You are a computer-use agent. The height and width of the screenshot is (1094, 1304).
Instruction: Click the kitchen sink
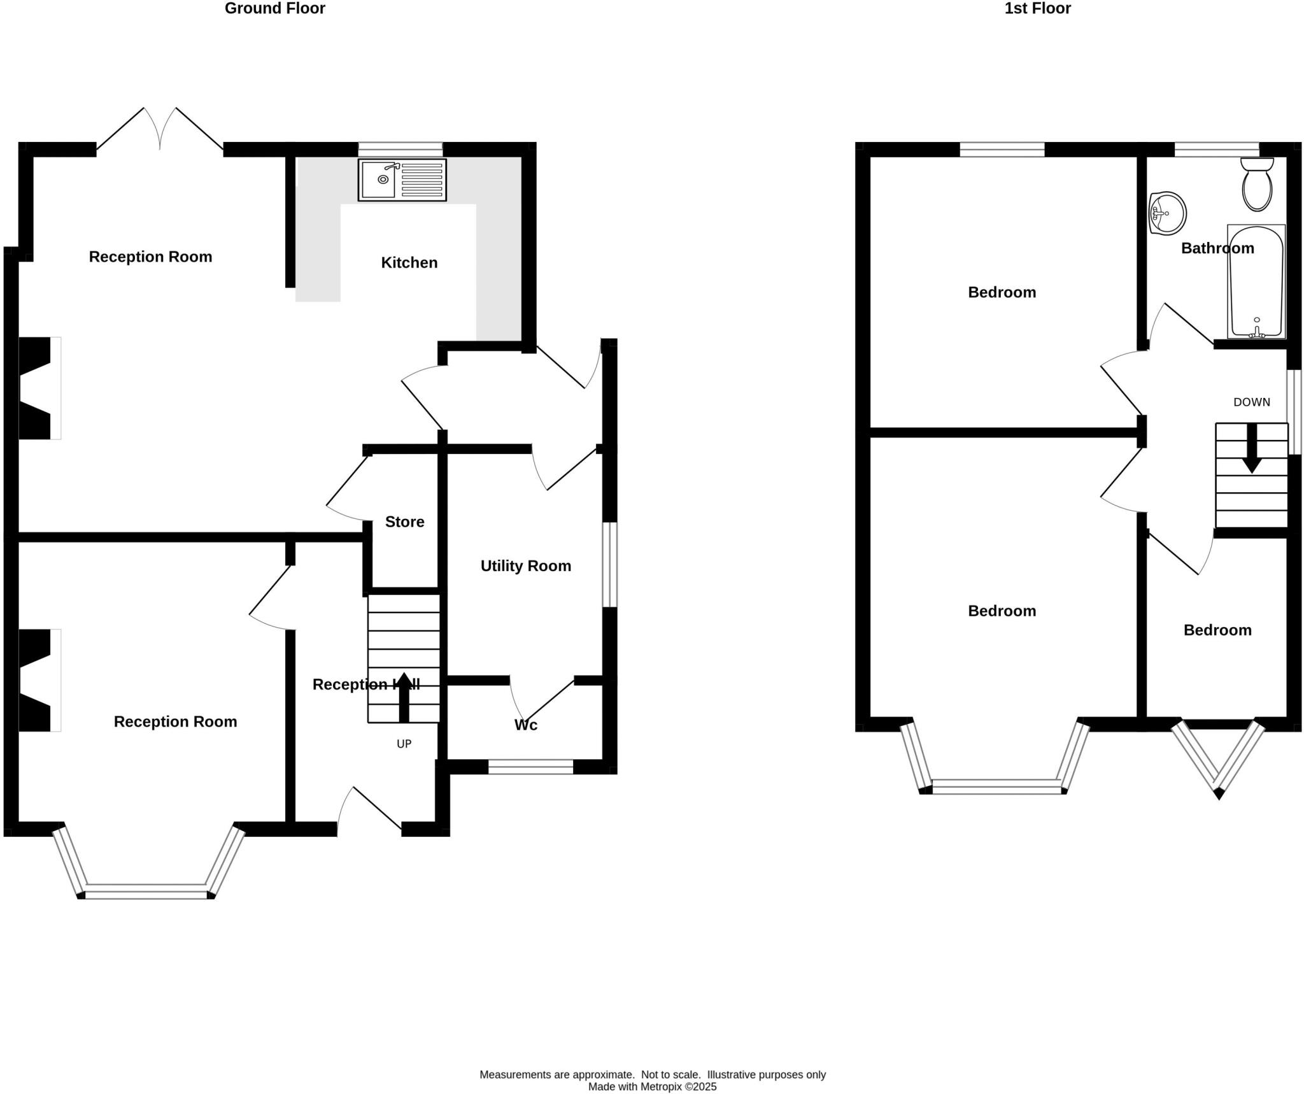pos(402,180)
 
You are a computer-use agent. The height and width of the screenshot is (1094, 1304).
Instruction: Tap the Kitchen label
pos(409,262)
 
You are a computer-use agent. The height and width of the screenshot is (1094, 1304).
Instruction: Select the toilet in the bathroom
pos(1257,185)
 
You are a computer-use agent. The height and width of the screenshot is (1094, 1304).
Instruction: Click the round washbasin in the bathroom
pos(1168,213)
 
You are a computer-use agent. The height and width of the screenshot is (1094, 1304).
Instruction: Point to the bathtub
pos(1256,281)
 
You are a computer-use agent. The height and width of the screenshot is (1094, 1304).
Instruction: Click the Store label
pos(404,522)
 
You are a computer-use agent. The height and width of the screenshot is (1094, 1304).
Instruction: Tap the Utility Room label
pos(525,565)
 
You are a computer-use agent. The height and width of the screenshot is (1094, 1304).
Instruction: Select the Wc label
pos(526,725)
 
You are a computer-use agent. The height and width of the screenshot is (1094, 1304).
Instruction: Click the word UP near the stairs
pos(404,744)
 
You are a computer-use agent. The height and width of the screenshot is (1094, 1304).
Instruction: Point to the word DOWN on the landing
pos(1251,402)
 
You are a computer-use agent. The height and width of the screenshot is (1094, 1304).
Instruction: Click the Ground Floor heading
pos(274,8)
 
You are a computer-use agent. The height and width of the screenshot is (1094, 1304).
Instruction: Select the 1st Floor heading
pos(1037,8)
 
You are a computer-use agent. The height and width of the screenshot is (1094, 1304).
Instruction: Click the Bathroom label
pos(1217,248)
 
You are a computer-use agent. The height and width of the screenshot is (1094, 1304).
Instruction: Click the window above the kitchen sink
pos(400,149)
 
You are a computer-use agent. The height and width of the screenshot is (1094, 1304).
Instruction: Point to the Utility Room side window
pos(609,564)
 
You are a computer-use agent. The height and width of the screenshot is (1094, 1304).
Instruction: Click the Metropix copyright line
pos(652,1086)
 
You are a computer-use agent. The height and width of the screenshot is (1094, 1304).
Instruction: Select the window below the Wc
pos(530,767)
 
